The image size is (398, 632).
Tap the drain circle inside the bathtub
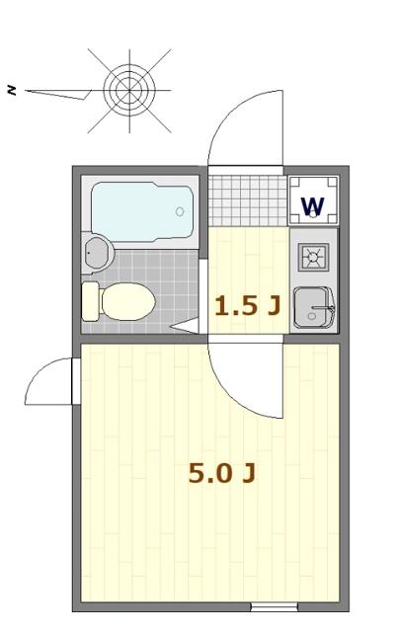[x=180, y=210]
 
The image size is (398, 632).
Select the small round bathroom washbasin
[x=96, y=253]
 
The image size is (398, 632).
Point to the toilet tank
[x=91, y=300]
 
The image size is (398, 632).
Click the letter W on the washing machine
[x=312, y=206]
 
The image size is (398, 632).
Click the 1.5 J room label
[x=247, y=306]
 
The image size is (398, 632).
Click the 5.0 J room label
[x=222, y=474]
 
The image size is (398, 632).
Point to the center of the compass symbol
[x=124, y=90]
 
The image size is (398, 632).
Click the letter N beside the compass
[x=12, y=90]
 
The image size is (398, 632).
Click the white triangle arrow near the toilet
[x=186, y=324]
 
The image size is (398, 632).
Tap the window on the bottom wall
[x=274, y=606]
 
